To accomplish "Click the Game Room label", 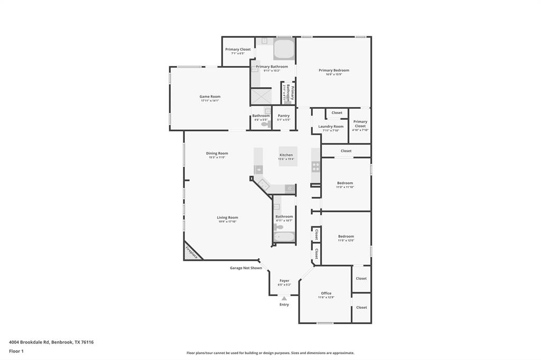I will (210, 97).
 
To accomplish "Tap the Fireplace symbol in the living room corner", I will (192, 251).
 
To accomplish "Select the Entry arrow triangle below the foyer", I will (284, 299).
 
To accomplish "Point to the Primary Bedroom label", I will (333, 70).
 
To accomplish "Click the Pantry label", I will (284, 116).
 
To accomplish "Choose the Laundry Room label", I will (331, 127).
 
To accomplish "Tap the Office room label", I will (326, 293).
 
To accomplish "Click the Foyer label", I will (284, 281).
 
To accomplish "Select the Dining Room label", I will (217, 153).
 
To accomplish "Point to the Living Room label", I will (227, 217).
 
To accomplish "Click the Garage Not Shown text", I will (246, 268).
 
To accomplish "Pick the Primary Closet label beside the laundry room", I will (360, 124).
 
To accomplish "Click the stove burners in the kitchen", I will (315, 167).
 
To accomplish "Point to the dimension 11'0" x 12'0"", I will (346, 241).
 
